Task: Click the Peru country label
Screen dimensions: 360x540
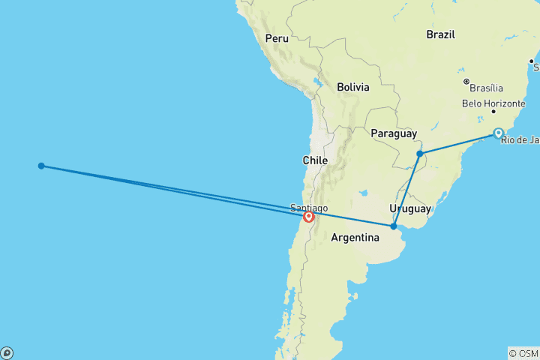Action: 277,38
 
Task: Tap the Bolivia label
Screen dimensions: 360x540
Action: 352,87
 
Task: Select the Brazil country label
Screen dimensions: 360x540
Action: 440,34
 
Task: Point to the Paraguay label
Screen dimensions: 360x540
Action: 393,133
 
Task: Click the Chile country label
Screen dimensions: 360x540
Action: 315,160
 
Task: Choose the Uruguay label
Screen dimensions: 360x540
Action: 409,208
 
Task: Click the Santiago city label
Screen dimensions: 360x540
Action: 308,208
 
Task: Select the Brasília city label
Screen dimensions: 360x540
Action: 488,88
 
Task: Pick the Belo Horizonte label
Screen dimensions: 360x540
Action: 490,103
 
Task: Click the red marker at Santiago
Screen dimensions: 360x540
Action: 308,217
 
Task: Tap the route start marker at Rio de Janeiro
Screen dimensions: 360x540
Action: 499,133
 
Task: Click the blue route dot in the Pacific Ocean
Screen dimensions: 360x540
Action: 41,166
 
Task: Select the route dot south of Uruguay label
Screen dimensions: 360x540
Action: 393,226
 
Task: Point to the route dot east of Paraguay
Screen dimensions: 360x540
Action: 420,154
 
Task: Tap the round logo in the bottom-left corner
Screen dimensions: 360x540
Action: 7,352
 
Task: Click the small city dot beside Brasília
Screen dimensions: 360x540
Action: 466,81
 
